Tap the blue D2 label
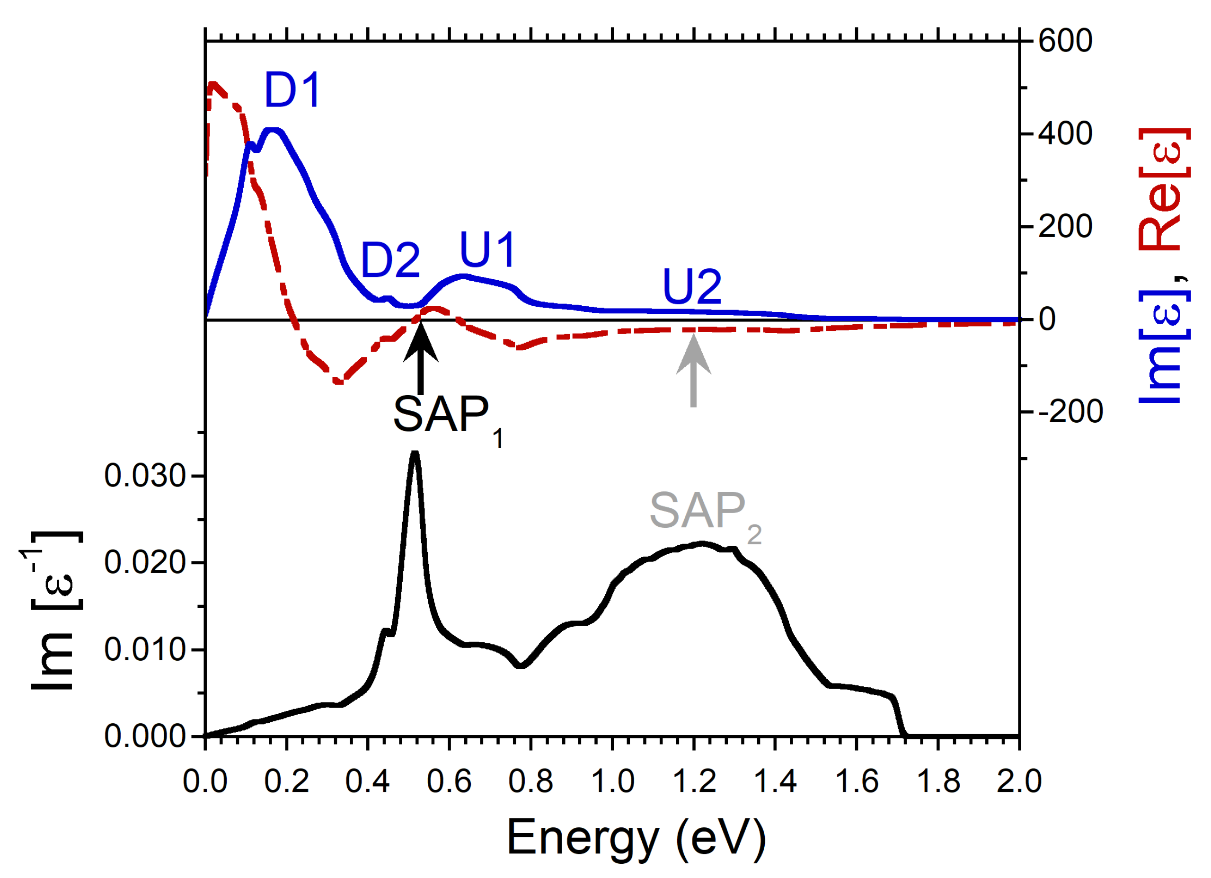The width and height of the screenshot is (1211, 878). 390,260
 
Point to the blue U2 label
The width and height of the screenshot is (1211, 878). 692,287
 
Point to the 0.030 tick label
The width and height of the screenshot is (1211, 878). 145,476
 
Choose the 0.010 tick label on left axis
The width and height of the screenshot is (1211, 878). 145,650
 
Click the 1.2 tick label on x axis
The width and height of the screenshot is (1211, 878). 694,781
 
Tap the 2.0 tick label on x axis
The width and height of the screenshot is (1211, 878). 1019,781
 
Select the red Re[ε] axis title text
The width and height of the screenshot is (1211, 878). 1164,190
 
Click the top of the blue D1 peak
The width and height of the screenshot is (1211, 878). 274,131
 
